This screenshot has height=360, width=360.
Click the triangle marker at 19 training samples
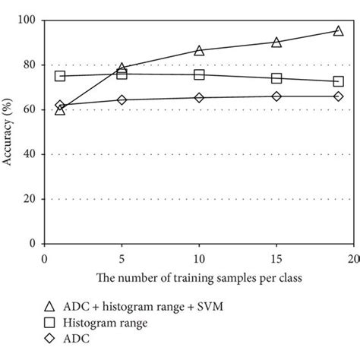(338, 31)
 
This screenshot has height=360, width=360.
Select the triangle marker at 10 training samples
(199, 50)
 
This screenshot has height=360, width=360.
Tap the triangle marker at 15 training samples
(276, 42)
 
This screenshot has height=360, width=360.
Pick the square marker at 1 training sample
(60, 76)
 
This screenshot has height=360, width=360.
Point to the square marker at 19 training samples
(338, 81)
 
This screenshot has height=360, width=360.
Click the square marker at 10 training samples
(199, 74)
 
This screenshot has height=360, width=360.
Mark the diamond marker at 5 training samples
(122, 99)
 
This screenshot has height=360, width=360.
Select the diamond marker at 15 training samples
(276, 96)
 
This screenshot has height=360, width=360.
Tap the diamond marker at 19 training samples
(338, 96)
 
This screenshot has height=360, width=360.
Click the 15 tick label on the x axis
(276, 260)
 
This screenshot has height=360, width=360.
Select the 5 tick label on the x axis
(122, 260)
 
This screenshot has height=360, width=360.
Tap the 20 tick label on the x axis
(353, 260)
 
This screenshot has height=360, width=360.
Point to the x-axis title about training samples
(199, 279)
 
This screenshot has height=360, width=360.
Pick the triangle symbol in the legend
(49, 306)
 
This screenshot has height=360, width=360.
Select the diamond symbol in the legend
(49, 339)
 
